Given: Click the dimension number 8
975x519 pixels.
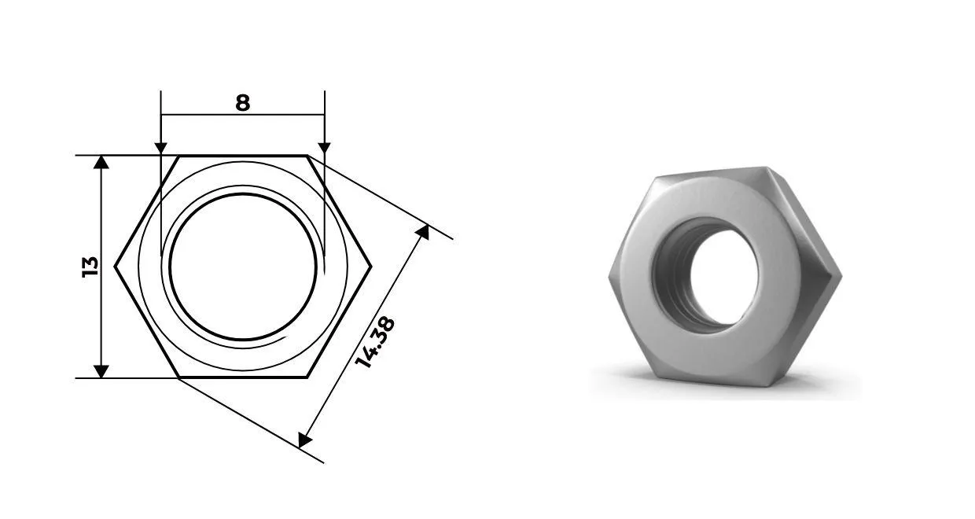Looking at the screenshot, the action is pyautogui.click(x=242, y=103).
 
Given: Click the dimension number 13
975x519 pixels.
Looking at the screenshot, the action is pyautogui.click(x=90, y=267).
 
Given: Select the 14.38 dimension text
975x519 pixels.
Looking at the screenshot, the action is pyautogui.click(x=375, y=342).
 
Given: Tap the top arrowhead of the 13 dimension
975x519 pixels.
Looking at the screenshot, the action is pyautogui.click(x=101, y=162).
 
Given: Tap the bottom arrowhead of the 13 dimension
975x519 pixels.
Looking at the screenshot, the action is pyautogui.click(x=101, y=371).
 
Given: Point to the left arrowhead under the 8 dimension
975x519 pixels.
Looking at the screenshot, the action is pyautogui.click(x=160, y=148).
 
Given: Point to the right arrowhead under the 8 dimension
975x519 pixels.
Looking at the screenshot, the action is pyautogui.click(x=324, y=148).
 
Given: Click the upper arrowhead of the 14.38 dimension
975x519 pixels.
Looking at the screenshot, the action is pyautogui.click(x=423, y=232).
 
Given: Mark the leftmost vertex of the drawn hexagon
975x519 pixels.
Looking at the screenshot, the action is pyautogui.click(x=115, y=266).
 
